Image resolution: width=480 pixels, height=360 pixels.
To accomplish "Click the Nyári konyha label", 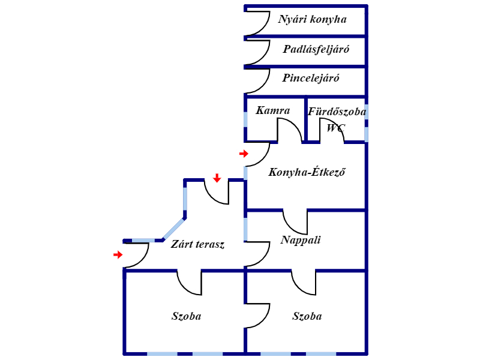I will (x=312, y=19).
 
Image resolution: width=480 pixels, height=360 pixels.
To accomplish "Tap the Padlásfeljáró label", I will (x=316, y=49).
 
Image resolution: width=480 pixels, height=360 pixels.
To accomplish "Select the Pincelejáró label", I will (x=311, y=78).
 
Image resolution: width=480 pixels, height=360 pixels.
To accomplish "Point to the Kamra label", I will (x=272, y=110).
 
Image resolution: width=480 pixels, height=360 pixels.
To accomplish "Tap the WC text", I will (x=335, y=127).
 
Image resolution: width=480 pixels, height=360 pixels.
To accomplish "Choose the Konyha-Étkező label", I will (x=308, y=172).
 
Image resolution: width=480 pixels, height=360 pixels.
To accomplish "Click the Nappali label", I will (x=301, y=241).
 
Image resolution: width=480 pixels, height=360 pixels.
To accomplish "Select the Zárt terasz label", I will (x=197, y=244).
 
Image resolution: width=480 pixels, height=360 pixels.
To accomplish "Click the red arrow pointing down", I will (x=217, y=178).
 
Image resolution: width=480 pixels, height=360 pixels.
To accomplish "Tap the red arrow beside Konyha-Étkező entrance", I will (x=243, y=154).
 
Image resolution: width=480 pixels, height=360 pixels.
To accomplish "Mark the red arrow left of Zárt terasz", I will (x=118, y=255).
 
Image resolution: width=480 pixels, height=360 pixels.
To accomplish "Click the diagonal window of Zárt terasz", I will (x=174, y=229).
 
